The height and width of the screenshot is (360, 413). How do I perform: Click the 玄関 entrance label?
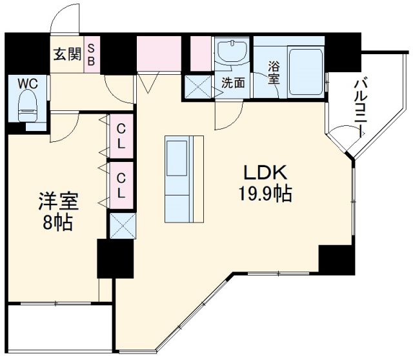pyautogui.click(x=67, y=54)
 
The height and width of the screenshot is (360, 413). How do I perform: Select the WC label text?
pyautogui.click(x=26, y=84)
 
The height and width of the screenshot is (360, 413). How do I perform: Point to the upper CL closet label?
pyautogui.click(x=121, y=137)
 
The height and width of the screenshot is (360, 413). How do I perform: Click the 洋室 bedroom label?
pyautogui.click(x=57, y=202)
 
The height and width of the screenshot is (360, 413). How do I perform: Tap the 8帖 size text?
pyautogui.click(x=57, y=223)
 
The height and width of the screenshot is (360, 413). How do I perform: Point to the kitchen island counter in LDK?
pyautogui.click(x=183, y=179)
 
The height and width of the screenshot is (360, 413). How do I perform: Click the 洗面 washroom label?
pyautogui.click(x=233, y=83)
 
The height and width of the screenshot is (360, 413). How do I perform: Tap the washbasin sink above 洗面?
pyautogui.click(x=232, y=54)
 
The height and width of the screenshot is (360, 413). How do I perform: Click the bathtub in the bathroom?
pyautogui.click(x=305, y=70)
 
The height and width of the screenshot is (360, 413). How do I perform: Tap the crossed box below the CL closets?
pyautogui.click(x=121, y=226)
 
